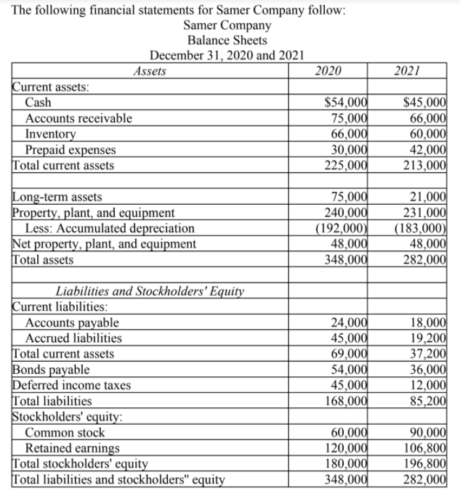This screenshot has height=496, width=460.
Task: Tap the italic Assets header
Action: pyautogui.click(x=150, y=71)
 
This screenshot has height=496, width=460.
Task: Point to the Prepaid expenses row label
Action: pyautogui.click(x=70, y=150)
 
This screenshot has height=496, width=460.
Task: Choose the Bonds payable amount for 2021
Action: pyautogui.click(x=429, y=369)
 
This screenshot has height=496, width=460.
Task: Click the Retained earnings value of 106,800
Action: pyautogui.click(x=426, y=447)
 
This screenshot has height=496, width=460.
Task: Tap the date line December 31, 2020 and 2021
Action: pyautogui.click(x=226, y=55)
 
